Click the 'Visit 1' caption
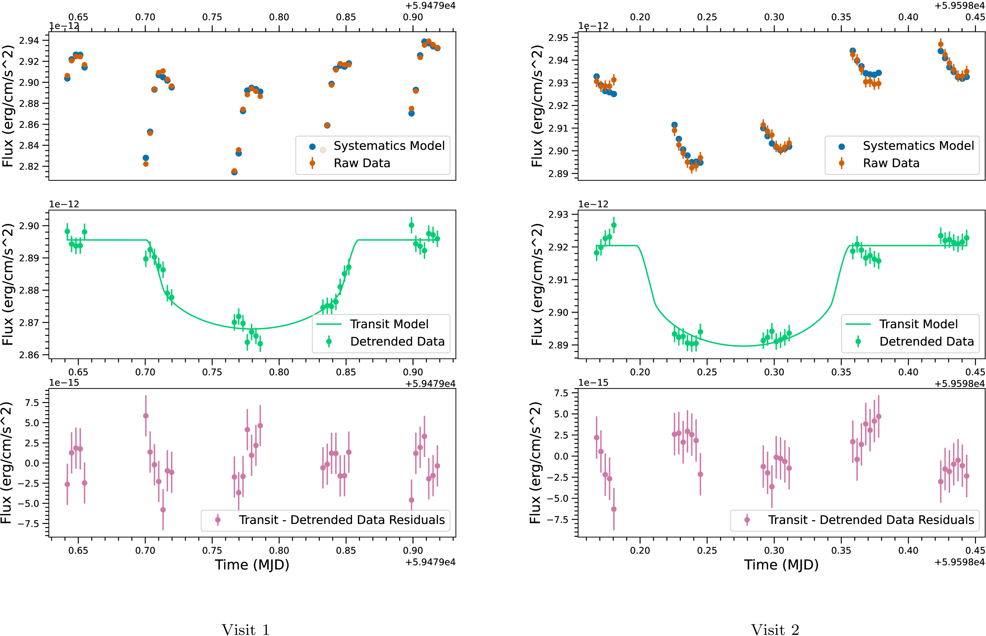click(x=245, y=629)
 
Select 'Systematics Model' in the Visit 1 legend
click(x=389, y=146)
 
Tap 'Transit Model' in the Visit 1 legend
click(x=389, y=324)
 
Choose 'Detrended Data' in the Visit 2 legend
click(x=926, y=342)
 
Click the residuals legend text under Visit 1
click(x=342, y=520)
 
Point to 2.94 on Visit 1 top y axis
click(x=29, y=41)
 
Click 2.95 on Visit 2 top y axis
click(x=558, y=38)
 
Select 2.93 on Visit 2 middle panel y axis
click(x=558, y=214)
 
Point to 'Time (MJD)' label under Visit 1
click(x=252, y=565)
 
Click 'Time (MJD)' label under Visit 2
click(x=781, y=565)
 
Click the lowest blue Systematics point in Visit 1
click(x=234, y=172)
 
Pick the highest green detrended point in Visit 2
click(x=614, y=225)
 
